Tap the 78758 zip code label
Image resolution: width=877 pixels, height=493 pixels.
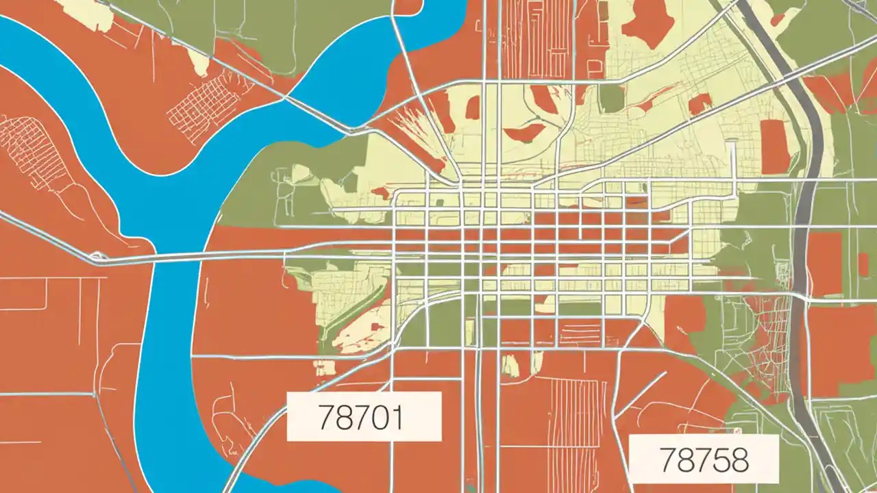click(x=703, y=459)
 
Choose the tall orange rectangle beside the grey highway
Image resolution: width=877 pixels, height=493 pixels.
click(x=775, y=147)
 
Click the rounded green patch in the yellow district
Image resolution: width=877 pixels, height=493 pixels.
click(x=611, y=98)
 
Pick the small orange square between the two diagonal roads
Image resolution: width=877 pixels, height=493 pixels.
click(x=700, y=105)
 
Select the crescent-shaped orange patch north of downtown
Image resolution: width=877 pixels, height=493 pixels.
click(x=525, y=132)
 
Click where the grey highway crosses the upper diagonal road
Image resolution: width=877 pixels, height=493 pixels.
click(x=782, y=68)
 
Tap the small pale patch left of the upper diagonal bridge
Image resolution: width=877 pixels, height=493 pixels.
click(x=199, y=63)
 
